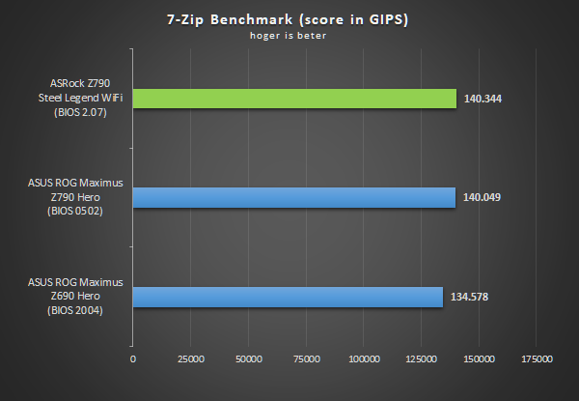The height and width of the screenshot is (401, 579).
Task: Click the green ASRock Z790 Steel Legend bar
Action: pos(294,99)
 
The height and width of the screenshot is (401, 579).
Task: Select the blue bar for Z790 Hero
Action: pos(293,197)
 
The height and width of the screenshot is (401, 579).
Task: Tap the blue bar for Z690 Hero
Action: pos(288,297)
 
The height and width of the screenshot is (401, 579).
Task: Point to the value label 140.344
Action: pos(484,99)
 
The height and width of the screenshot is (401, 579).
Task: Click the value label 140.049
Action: pos(483,197)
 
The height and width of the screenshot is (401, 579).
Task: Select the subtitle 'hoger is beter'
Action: pos(289,38)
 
